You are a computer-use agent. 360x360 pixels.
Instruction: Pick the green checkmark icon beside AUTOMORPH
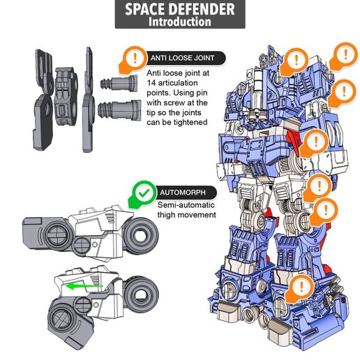144,190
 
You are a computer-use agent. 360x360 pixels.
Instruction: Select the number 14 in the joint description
152,82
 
